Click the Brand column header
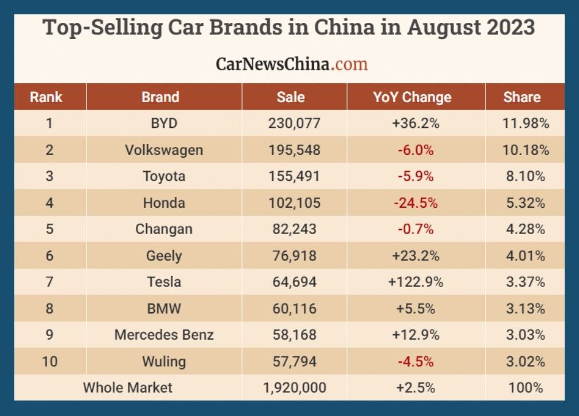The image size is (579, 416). [160, 97]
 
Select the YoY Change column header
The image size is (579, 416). [412, 97]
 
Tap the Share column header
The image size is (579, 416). [522, 97]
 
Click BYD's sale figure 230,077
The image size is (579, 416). [294, 123]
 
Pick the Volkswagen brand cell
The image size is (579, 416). [164, 150]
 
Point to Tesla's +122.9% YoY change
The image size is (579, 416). [416, 282]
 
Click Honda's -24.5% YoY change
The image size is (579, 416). [416, 203]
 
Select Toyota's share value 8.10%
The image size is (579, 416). [525, 176]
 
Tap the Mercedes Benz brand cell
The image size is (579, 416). [164, 335]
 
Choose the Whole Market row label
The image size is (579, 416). [127, 387]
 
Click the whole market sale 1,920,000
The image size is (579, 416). [294, 388]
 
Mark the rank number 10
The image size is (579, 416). [50, 361]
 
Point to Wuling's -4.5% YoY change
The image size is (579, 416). [416, 361]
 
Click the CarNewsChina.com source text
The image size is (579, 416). [291, 63]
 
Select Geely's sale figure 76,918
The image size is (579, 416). [294, 255]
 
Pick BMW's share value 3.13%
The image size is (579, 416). [525, 308]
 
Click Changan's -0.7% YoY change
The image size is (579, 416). [416, 229]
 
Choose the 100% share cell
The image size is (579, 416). [525, 388]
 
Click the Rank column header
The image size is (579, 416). [46, 97]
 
